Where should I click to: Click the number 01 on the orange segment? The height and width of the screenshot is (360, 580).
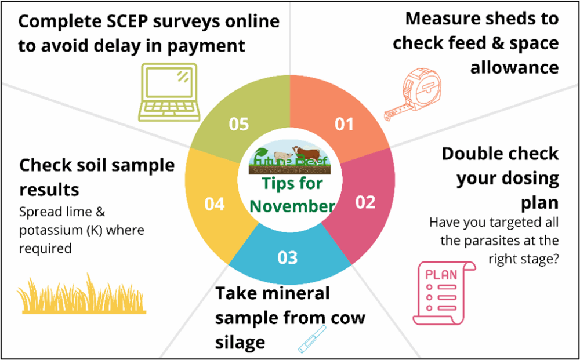pyautogui.click(x=345, y=124)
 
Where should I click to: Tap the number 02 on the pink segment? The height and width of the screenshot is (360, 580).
pyautogui.click(x=365, y=202)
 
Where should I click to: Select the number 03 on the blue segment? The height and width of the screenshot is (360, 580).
pyautogui.click(x=288, y=257)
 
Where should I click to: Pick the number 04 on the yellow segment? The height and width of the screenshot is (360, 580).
pyautogui.click(x=215, y=204)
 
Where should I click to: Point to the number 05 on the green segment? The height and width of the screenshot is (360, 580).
pyautogui.click(x=238, y=124)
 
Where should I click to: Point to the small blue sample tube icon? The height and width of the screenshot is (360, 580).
pyautogui.click(x=312, y=339)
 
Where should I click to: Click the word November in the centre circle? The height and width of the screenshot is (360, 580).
pyautogui.click(x=292, y=206)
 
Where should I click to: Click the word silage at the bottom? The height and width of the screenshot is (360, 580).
pyautogui.click(x=240, y=342)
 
